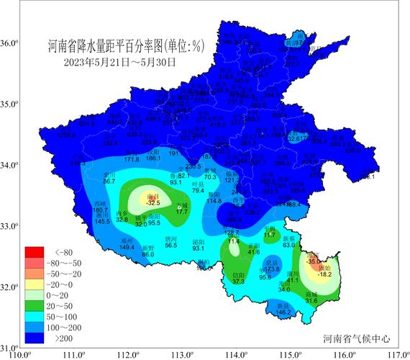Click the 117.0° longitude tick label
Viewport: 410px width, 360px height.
tap(398, 354)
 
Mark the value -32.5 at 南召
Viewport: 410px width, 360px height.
tap(152, 204)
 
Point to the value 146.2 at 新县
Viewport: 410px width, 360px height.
tap(283, 312)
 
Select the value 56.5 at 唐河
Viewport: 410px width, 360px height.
tap(171, 246)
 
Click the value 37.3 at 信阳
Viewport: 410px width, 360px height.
tap(239, 282)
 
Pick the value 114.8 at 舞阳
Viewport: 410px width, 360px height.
tap(214, 201)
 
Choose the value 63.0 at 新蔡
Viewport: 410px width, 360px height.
tap(289, 245)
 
